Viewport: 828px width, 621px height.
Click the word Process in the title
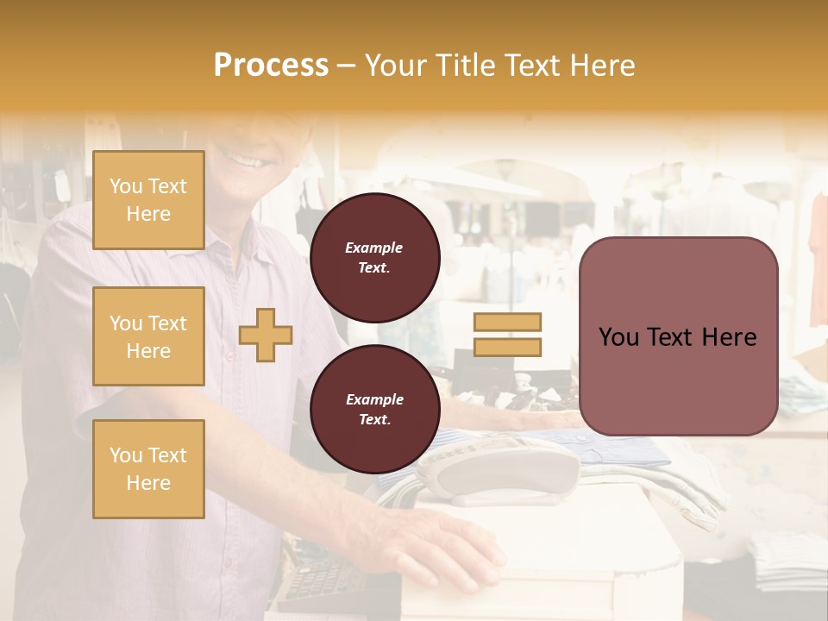pos(271,66)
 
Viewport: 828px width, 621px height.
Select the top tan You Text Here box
pos(148,200)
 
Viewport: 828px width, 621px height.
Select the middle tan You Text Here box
pos(148,336)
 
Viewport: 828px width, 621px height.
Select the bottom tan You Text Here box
pos(148,468)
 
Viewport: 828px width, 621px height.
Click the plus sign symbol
pos(266,335)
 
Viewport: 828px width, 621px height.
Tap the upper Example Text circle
pos(374,258)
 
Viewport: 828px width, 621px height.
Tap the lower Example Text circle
pos(374,410)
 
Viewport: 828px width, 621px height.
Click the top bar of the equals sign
pos(507,322)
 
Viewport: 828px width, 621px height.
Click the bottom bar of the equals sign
pos(507,348)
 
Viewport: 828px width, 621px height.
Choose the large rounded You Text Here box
pos(678,336)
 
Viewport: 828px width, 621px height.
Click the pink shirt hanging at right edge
pos(819,259)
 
